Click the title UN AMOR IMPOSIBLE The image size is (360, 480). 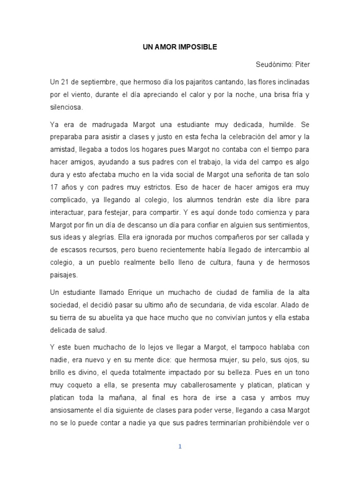click(x=180, y=47)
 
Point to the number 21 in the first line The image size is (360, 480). click(x=64, y=82)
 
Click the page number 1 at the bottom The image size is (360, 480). click(x=180, y=446)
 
